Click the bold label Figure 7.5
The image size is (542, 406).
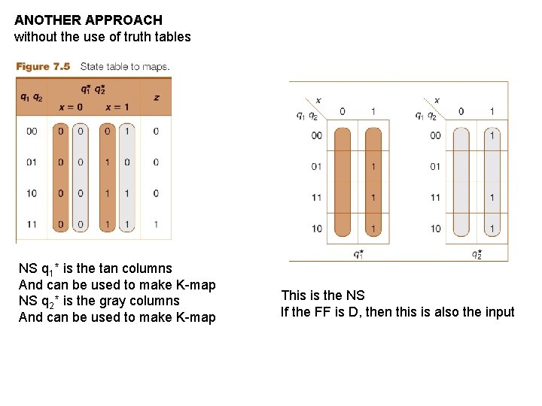[43, 66]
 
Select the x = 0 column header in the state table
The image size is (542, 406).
[71, 108]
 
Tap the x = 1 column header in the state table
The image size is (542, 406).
[117, 108]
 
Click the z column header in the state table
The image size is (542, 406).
[157, 98]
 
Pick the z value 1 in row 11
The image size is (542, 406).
[156, 224]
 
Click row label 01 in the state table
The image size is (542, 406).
[32, 162]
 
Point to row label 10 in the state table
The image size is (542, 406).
[32, 193]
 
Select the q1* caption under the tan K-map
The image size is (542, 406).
[358, 254]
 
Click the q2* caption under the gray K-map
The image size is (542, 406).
[477, 254]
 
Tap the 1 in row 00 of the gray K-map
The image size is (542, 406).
[492, 135]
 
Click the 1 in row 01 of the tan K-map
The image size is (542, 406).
[373, 167]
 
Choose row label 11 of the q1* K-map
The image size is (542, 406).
[317, 198]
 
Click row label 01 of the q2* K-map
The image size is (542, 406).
[435, 167]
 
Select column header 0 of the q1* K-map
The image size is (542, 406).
[343, 111]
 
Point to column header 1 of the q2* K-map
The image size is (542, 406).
[492, 111]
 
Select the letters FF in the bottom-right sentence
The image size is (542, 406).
[321, 312]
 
